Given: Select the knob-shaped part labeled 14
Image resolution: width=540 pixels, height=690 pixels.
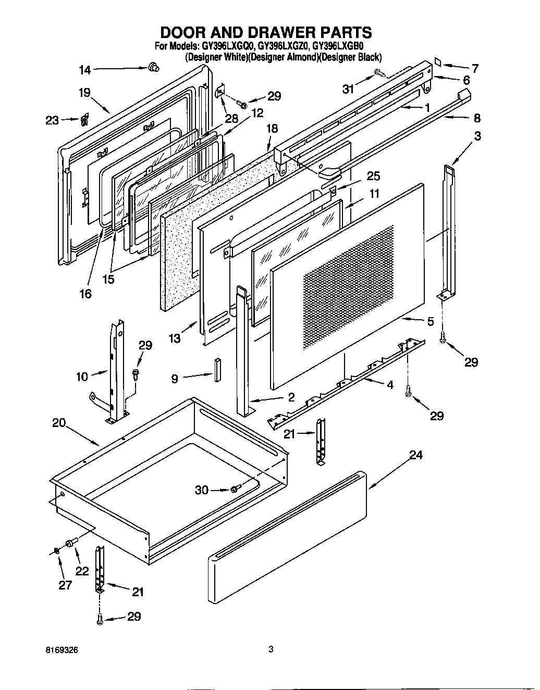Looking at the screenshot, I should pos(153,67).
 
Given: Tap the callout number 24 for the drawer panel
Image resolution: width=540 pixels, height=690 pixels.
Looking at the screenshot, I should pos(415,455).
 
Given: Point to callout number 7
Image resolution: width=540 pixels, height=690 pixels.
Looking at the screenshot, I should pos(474,68).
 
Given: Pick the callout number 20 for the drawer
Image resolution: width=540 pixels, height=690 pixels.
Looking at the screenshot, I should pos(59,422).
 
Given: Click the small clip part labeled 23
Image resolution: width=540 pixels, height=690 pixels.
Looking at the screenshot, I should pos(83,120).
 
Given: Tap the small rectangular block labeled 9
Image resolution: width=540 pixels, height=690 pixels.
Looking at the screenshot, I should pos(217,369).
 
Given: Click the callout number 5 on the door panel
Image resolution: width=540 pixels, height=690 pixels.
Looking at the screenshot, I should pos(430,322).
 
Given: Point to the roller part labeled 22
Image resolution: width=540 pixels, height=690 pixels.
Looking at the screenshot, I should pos(71,544).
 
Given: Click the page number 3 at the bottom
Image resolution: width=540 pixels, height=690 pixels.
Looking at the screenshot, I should pos(271,649).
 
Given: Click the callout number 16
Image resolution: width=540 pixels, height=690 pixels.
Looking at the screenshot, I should pos(85,294).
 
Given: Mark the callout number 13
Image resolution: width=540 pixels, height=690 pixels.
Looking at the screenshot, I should pos(175,339).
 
